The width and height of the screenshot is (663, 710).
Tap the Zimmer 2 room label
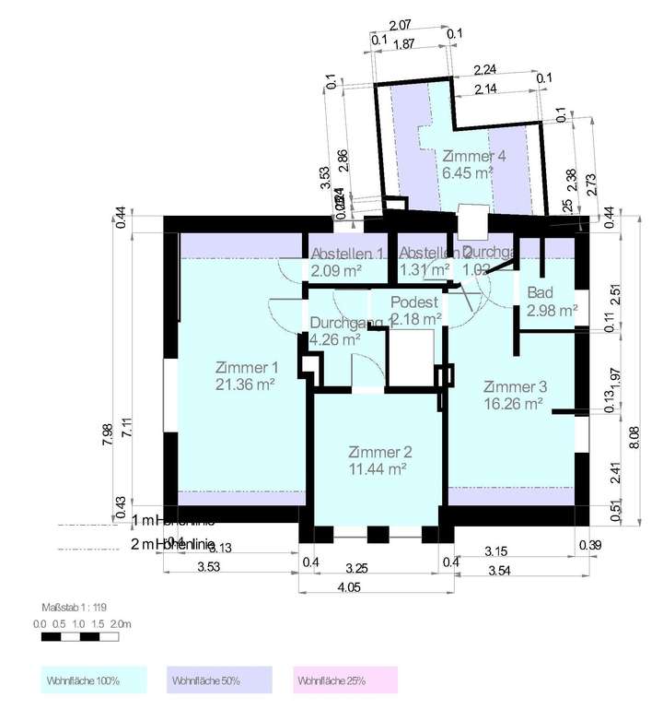379,452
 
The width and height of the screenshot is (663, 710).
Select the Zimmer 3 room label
515,386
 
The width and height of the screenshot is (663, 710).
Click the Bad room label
539,293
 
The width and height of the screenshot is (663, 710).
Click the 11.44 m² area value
379,468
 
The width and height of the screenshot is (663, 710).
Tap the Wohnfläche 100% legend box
96,680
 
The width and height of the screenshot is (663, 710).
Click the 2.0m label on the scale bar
122,624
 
